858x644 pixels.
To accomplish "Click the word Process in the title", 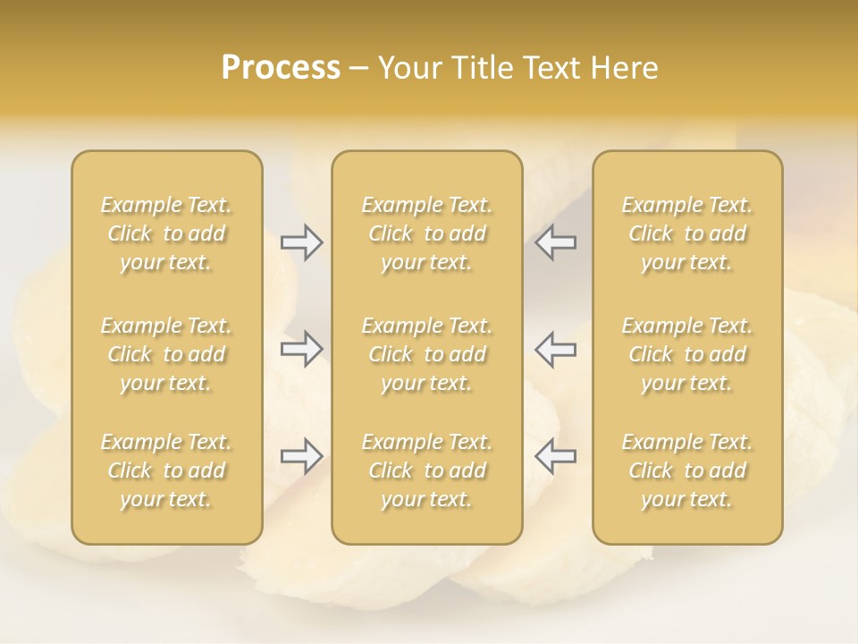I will pos(281,68).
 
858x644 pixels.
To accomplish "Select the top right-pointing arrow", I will pos(301,242).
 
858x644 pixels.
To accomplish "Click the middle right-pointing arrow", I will pos(301,349).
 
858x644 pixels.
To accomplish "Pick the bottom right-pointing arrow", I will pos(301,456).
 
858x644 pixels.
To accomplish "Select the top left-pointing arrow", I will pos(556,242).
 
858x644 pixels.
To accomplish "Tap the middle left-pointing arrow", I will pos(556,349).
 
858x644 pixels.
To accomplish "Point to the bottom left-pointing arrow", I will pos(556,456).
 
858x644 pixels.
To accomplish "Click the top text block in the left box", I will pos(166,233).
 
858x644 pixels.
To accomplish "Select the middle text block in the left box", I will pos(166,354).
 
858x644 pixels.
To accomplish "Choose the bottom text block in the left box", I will pos(166,470).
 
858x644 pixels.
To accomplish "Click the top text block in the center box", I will pos(426,233).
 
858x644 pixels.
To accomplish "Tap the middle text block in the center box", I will pos(426,354).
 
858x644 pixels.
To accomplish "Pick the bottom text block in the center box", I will pos(426,470).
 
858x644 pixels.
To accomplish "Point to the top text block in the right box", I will pos(686,233).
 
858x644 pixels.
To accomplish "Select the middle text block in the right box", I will pos(686,354).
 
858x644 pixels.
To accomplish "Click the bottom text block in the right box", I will pos(686,470).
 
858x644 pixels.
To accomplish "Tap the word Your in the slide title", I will pos(409,68).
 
